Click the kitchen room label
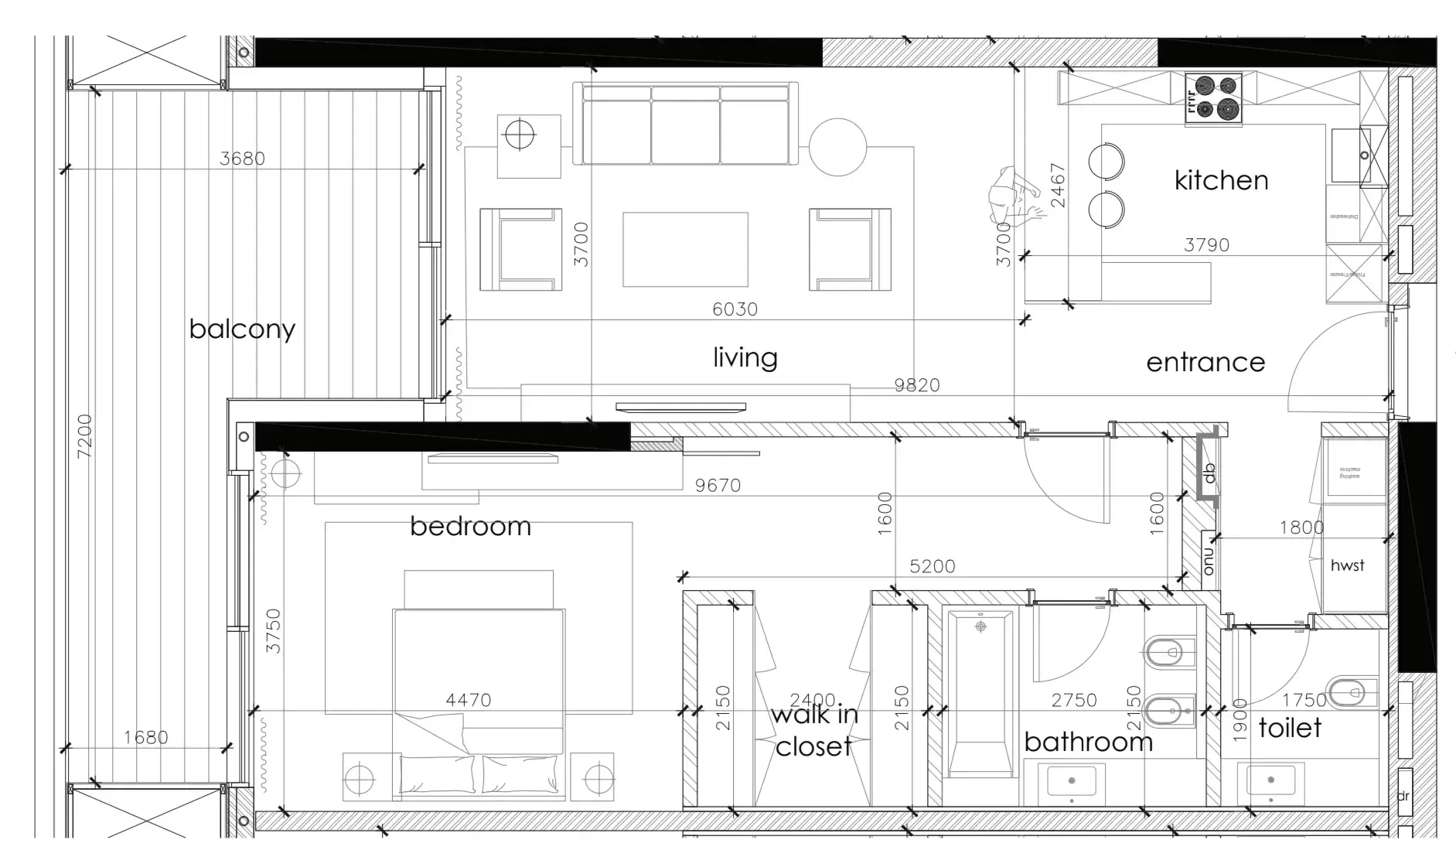[1221, 180]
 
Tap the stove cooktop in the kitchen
[1213, 98]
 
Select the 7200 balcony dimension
[85, 435]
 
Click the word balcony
[242, 329]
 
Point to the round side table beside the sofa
[838, 147]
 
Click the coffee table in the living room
[685, 250]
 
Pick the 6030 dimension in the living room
[735, 309]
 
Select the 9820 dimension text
[917, 385]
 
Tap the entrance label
[1205, 362]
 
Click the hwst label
[1347, 565]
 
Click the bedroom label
[470, 527]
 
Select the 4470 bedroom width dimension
[468, 700]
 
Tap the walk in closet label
[814, 730]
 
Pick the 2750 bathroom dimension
[1073, 700]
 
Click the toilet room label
[1290, 728]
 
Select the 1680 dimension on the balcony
[145, 737]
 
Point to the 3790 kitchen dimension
[1206, 245]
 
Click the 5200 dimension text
[932, 566]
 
